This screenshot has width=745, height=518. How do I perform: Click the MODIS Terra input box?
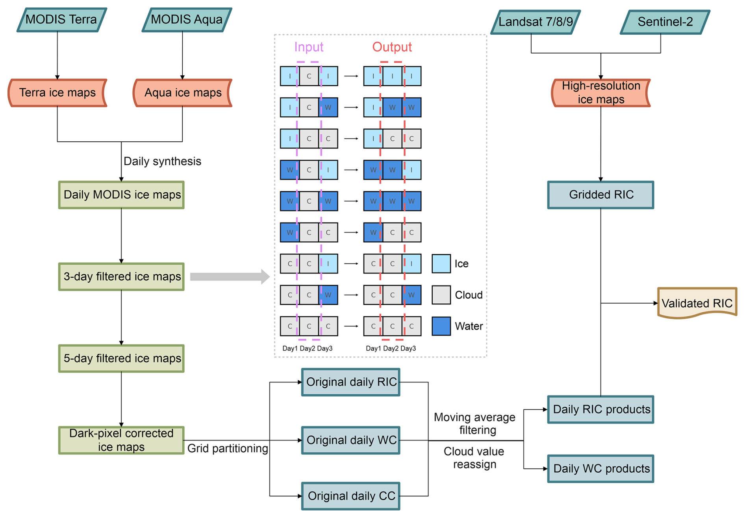(x=61, y=20)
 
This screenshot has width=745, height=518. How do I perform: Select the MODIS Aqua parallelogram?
(x=187, y=20)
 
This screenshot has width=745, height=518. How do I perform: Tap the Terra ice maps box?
(x=57, y=93)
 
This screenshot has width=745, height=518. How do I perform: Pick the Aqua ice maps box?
(x=183, y=93)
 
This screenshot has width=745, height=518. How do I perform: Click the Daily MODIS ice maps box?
(x=121, y=195)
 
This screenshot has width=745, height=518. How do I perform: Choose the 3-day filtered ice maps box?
(x=121, y=277)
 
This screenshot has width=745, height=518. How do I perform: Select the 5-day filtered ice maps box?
(x=121, y=358)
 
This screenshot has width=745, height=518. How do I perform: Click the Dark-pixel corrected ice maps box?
(x=121, y=440)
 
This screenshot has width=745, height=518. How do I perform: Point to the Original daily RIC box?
(x=351, y=382)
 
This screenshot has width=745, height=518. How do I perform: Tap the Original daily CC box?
(x=351, y=496)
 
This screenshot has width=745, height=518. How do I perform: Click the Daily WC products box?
(x=600, y=468)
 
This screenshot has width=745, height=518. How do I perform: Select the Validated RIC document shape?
(x=697, y=303)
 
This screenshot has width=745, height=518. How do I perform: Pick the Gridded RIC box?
(x=600, y=195)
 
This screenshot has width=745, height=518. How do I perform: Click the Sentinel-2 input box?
(x=665, y=22)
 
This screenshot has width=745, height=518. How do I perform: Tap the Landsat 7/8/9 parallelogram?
(x=536, y=22)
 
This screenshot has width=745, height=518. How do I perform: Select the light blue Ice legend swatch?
(x=441, y=264)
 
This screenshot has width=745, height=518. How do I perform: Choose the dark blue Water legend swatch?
(x=441, y=326)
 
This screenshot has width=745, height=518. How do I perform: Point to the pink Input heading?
(x=309, y=47)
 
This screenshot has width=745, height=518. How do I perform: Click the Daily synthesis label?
(x=162, y=161)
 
